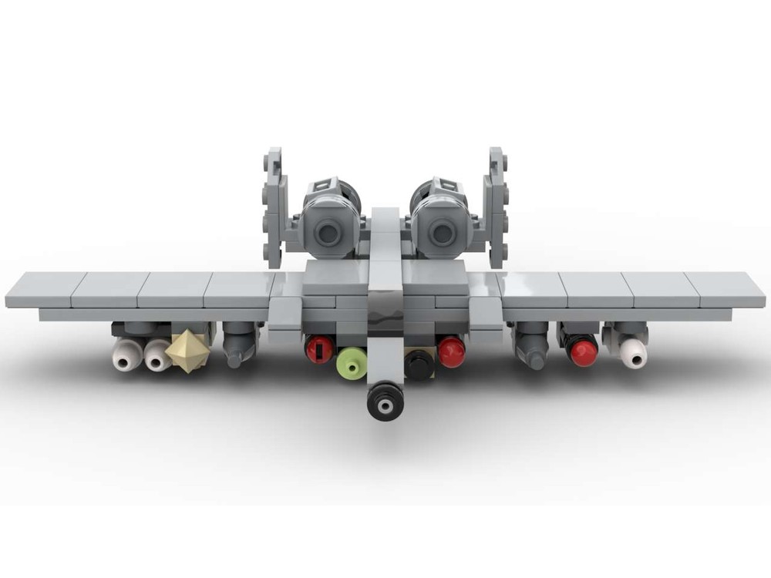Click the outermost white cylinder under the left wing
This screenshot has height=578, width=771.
pos(126,355)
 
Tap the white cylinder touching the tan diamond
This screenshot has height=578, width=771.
pos(158,355)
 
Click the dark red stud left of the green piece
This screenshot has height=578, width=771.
pos(318,349)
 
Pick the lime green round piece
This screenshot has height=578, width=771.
pos(351,362)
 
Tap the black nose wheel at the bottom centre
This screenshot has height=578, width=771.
pos(383,401)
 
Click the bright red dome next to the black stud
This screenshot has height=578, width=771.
pos(451,351)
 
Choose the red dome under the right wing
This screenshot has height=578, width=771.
pos(584,351)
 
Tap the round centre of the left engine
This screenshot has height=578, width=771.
pos(329,231)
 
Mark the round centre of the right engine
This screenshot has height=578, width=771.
pos(442,231)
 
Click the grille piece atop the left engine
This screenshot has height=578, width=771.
pos(324,187)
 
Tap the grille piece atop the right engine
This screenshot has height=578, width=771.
pos(446,187)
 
